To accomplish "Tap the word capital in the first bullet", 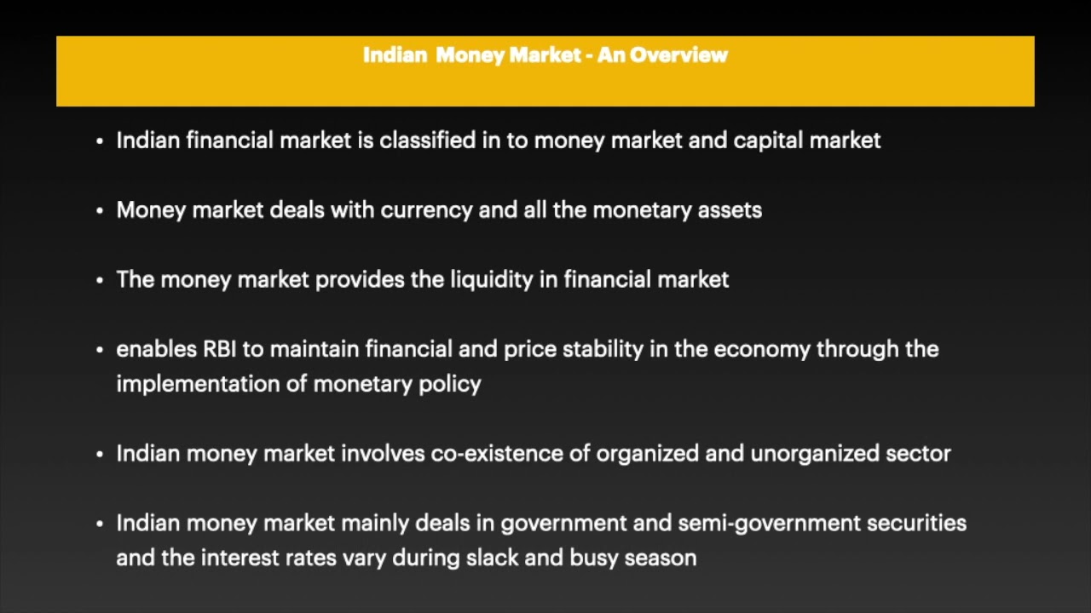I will [768, 140].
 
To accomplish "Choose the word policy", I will [450, 384].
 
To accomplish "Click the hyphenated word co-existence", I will [497, 454].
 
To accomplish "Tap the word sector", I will [918, 454].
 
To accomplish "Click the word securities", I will [917, 523].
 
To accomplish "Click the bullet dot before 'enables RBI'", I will [101, 350].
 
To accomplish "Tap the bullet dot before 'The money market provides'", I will [101, 280].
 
